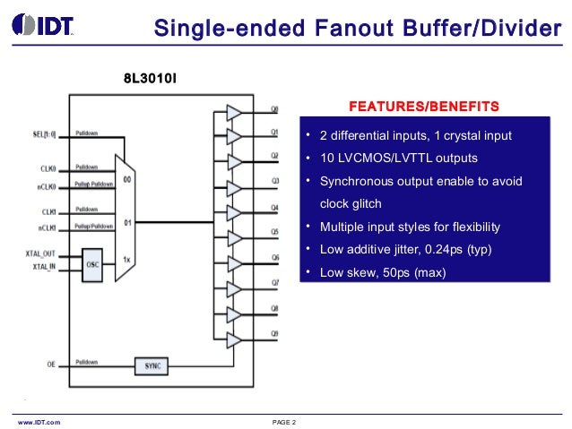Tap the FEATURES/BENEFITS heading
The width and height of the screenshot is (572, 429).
pyautogui.click(x=423, y=107)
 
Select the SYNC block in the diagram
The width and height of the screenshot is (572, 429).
pyautogui.click(x=152, y=366)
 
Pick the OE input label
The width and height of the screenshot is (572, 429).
pyautogui.click(x=51, y=365)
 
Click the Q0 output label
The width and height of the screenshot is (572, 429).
pyautogui.click(x=275, y=111)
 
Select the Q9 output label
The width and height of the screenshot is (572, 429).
pyautogui.click(x=275, y=334)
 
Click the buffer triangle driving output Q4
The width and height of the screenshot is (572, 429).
pyautogui.click(x=234, y=213)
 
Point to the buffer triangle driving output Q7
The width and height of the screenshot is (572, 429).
pyautogui.click(x=234, y=289)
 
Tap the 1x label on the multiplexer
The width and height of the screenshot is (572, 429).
pyautogui.click(x=127, y=260)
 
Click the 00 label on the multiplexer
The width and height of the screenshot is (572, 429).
pyautogui.click(x=127, y=179)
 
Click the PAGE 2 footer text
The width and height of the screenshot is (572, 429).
pyautogui.click(x=283, y=421)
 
